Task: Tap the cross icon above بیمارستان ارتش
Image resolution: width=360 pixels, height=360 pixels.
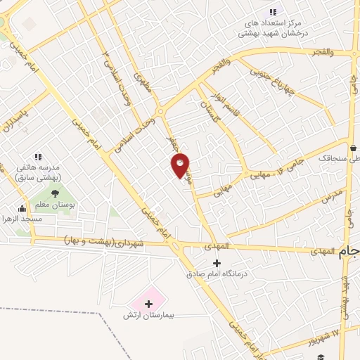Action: pyautogui.click(x=148, y=304)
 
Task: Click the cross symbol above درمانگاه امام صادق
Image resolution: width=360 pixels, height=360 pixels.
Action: pyautogui.click(x=216, y=263)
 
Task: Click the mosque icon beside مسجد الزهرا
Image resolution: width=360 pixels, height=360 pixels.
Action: pyautogui.click(x=22, y=208)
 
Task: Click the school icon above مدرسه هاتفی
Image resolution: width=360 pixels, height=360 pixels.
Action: pyautogui.click(x=38, y=157)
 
